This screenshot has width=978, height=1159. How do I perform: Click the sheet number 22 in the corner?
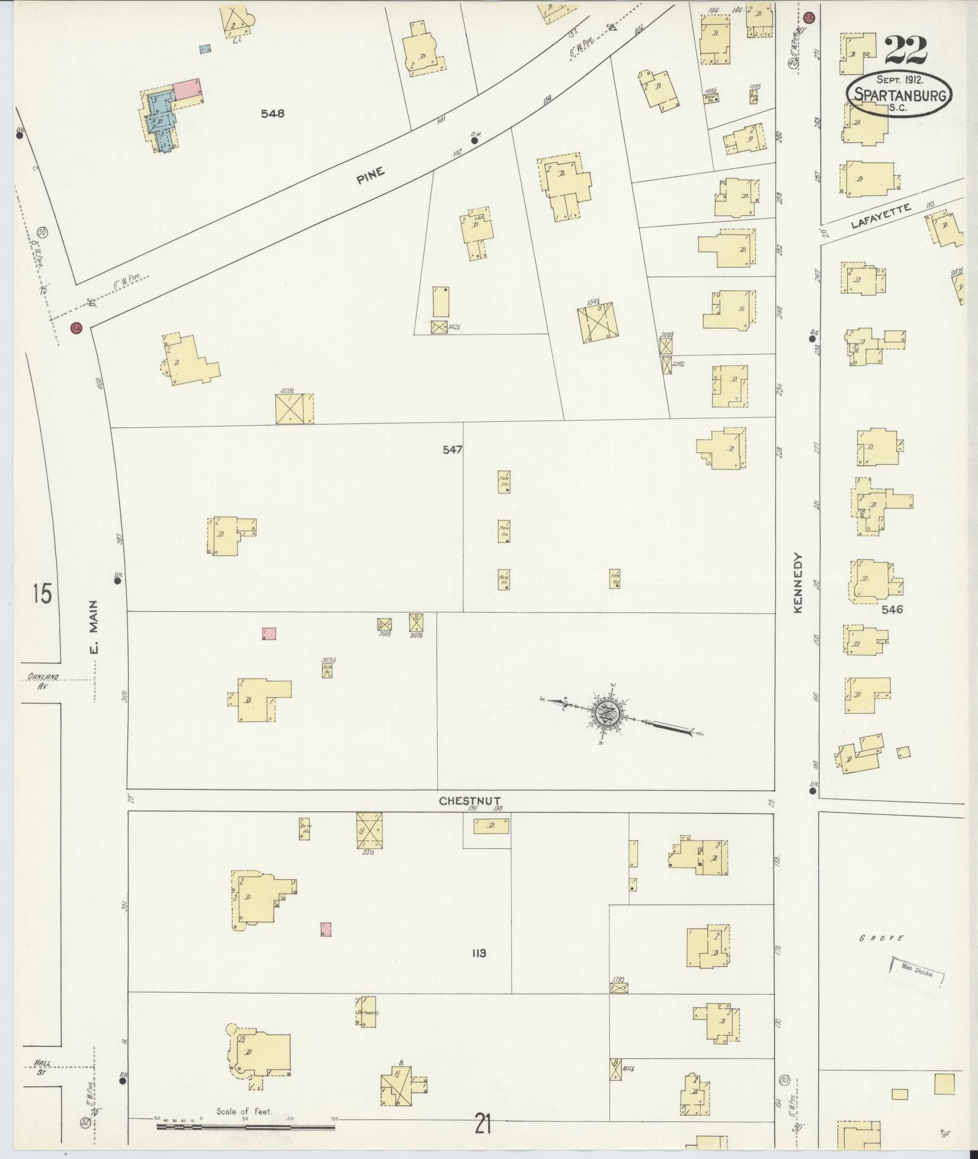[905, 50]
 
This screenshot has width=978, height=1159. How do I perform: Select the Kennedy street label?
[797, 583]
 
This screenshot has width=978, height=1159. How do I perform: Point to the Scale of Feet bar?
[246, 1127]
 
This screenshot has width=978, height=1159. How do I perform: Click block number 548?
[273, 113]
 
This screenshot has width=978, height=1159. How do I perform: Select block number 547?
[452, 450]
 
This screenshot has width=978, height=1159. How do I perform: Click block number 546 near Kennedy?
[893, 609]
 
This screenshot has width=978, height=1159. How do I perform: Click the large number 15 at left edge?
[42, 593]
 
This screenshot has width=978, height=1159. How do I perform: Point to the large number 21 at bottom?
[483, 1125]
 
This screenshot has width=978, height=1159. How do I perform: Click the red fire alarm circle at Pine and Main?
[76, 328]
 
